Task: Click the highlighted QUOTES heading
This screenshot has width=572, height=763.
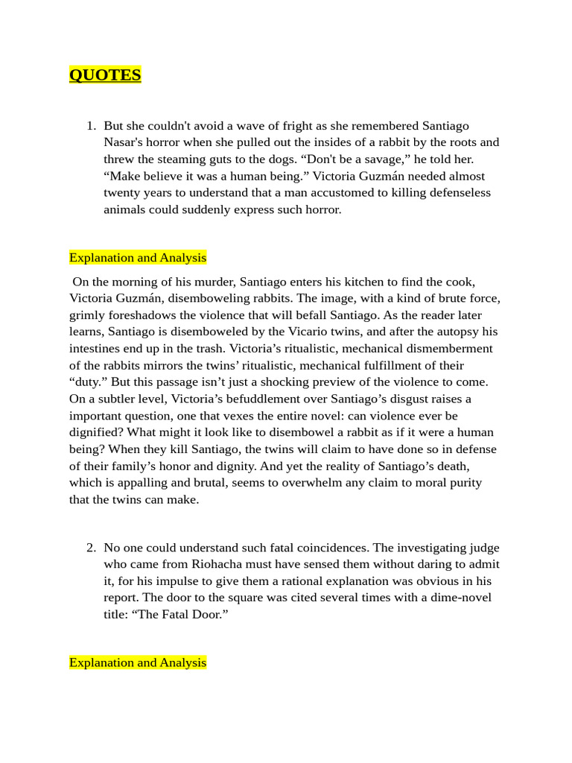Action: [x=105, y=75]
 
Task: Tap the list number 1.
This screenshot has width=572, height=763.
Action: [x=90, y=126]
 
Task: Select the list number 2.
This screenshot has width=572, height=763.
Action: [x=90, y=548]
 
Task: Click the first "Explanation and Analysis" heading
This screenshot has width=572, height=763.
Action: [x=138, y=258]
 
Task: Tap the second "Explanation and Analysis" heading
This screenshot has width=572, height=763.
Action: [x=138, y=662]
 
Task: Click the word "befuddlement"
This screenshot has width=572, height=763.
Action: [x=238, y=399]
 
